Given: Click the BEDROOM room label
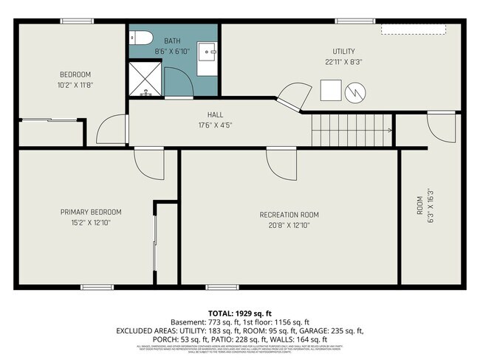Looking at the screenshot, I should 75,75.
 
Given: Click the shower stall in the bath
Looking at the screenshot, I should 145,79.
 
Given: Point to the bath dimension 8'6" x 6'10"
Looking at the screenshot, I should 172,51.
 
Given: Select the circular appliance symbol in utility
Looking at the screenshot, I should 355,92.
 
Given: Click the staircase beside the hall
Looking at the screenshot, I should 350,131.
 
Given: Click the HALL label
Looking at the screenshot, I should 215,115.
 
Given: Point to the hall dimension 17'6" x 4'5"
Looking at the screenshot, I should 215,125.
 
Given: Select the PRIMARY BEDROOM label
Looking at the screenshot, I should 91,212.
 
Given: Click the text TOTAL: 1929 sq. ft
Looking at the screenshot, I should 240,314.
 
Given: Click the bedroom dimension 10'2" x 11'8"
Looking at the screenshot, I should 75,85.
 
